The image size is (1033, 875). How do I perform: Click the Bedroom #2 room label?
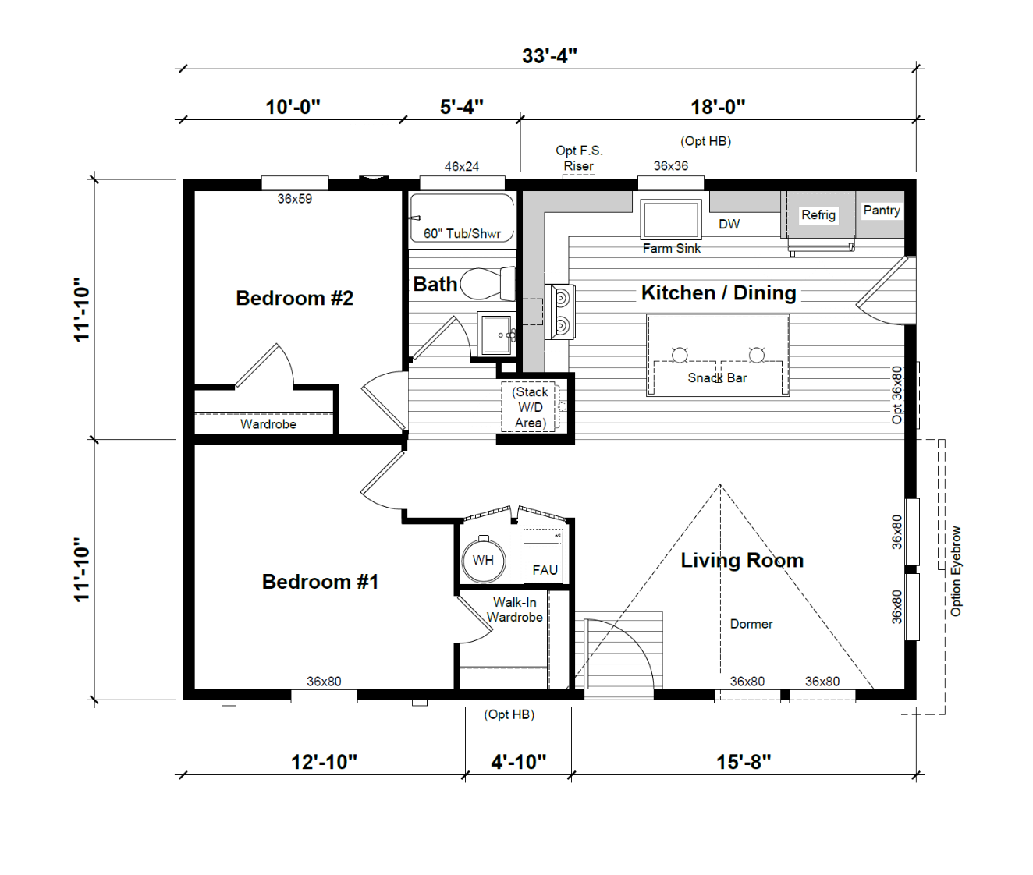click(294, 298)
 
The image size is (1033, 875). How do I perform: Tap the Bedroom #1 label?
click(321, 582)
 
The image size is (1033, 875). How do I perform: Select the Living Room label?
click(742, 561)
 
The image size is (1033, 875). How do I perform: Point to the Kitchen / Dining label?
click(719, 293)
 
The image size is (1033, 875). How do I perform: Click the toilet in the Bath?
click(488, 283)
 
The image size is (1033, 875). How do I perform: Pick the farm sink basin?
click(671, 219)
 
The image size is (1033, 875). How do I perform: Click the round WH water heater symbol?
click(483, 561)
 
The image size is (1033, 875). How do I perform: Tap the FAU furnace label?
click(545, 570)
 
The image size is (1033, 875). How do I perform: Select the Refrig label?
click(818, 215)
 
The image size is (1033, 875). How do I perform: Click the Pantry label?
click(882, 211)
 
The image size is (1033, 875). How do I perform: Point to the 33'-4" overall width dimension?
click(550, 56)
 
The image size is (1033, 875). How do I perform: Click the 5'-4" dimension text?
click(462, 107)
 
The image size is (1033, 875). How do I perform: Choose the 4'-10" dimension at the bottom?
click(519, 762)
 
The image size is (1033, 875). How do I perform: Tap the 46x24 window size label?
click(462, 166)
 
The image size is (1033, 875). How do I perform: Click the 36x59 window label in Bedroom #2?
click(295, 199)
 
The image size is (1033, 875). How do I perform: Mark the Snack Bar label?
click(717, 378)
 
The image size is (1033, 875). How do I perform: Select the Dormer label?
click(751, 624)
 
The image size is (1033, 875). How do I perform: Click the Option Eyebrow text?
click(956, 572)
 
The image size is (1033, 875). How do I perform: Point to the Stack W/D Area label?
click(530, 408)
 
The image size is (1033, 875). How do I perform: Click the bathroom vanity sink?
click(497, 334)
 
